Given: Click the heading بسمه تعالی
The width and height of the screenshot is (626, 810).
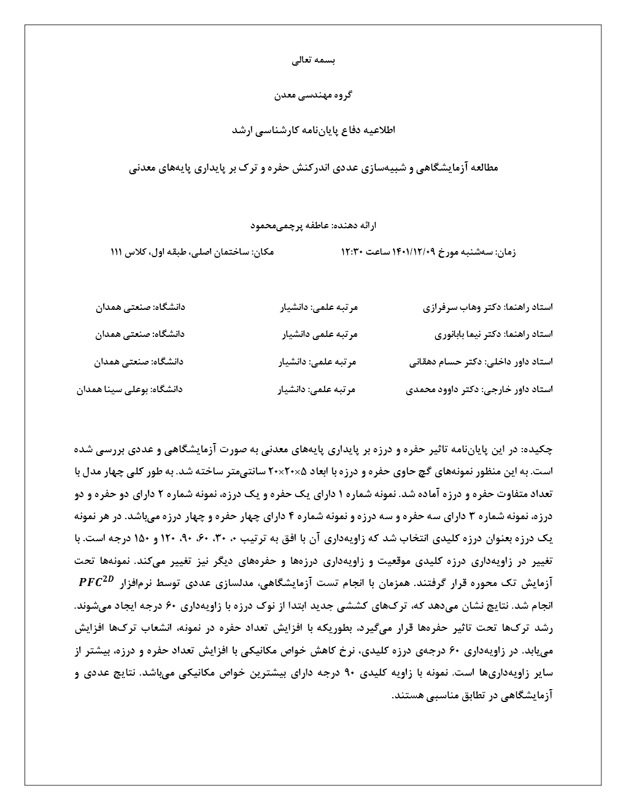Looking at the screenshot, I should point(313,61).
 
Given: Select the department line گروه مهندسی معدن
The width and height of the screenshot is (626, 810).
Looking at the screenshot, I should point(312,96).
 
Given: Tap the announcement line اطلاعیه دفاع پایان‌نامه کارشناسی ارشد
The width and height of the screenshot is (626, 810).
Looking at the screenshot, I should point(313,131).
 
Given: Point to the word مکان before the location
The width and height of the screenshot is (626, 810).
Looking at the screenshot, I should point(264,252).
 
